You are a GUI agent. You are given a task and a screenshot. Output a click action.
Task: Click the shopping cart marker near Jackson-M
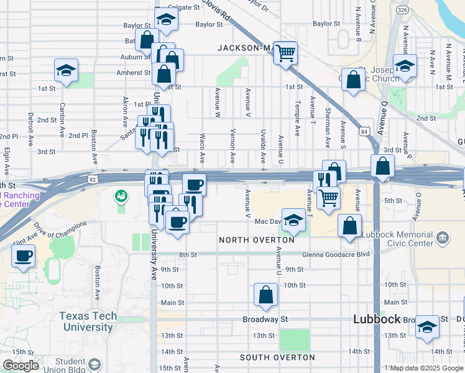(285, 53)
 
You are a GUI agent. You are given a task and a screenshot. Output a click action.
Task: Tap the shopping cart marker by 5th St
(328, 198)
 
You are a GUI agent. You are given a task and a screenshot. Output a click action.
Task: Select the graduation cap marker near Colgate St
(166, 21)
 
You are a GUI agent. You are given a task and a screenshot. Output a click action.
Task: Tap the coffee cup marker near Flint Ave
(24, 256)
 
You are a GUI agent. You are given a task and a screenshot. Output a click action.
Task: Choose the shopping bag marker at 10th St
(265, 295)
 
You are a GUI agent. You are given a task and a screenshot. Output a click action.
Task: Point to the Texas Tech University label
(88, 321)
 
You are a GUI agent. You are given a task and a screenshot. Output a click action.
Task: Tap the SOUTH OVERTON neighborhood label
(277, 357)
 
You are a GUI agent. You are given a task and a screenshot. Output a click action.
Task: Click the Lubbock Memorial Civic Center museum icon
(442, 237)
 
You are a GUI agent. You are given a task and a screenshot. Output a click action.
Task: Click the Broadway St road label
(265, 320)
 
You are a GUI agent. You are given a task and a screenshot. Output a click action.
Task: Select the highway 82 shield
(92, 179)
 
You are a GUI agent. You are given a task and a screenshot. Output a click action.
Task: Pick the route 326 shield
(402, 11)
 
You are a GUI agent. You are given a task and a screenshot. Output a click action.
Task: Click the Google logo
(22, 366)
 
